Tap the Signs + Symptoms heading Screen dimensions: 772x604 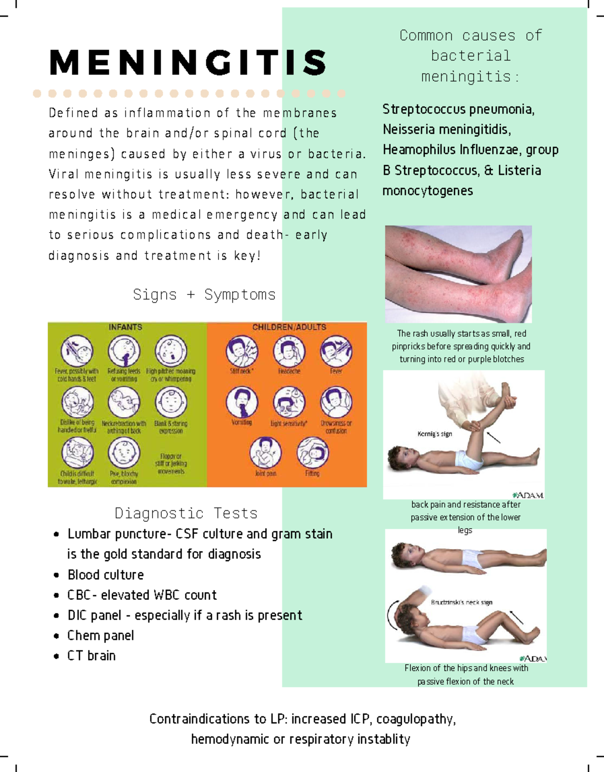point(204,294)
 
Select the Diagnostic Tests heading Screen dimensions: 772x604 point(186,513)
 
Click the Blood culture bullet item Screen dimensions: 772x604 point(106,575)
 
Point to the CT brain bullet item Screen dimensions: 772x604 point(92,656)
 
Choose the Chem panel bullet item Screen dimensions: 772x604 point(101,636)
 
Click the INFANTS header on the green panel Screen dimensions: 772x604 point(125,327)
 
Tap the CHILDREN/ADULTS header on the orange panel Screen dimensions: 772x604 point(289,327)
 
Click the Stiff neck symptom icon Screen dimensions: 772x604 point(242,351)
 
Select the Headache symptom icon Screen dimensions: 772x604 point(289,351)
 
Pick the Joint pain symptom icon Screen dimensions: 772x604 point(265,452)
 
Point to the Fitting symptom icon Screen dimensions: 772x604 point(312,452)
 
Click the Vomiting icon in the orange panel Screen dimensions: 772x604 point(242,402)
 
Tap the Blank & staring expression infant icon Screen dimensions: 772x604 point(171,402)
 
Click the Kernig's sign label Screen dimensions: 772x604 point(434,434)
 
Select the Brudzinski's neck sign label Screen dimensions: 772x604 point(462,602)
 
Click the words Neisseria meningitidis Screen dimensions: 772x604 point(446,130)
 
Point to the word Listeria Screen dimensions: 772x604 point(519,171)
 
